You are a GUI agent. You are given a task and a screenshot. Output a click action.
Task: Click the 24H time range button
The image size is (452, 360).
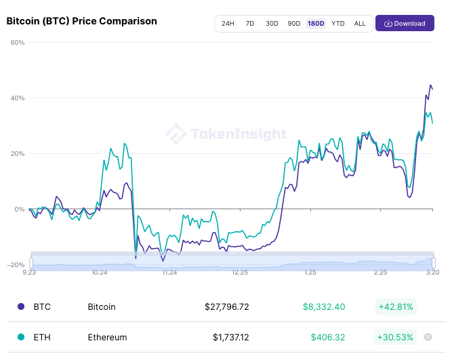coord(228,24)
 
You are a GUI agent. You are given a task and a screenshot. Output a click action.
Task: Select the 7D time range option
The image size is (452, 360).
coord(249,24)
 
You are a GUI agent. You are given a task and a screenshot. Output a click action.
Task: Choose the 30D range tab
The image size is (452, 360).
coord(272,24)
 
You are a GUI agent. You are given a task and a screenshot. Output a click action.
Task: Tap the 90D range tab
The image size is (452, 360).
coord(293,24)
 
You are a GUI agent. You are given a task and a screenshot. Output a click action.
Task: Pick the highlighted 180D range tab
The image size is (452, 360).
coord(316,24)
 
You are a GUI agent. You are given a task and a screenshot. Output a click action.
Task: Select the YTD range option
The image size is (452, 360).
coord(337,24)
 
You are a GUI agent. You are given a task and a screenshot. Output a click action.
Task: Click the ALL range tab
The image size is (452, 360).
coord(360,24)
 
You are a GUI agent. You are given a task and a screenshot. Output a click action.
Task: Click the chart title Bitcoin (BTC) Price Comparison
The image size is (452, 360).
coord(81,21)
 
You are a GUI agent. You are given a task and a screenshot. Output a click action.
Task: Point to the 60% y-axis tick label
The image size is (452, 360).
coord(18,43)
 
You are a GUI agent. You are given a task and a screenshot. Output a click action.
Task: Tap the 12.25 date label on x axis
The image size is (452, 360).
coord(240,273)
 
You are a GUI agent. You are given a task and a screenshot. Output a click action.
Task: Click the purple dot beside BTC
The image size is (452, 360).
coord(21,306)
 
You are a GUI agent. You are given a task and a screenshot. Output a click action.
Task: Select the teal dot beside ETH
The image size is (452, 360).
coord(21,337)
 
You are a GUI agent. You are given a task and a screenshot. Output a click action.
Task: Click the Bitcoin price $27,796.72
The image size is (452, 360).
coord(226,306)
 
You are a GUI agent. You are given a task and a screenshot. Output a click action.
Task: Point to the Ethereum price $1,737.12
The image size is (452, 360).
coord(230,337)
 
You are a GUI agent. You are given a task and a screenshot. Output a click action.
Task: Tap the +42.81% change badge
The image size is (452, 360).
coord(395,306)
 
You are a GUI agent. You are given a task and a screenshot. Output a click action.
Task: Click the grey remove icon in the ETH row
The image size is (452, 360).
coord(428,337)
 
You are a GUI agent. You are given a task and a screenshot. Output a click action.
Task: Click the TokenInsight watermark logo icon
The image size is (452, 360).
coord(176,134)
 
